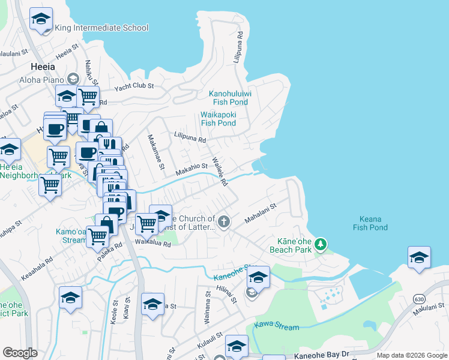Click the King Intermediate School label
tap(101, 28)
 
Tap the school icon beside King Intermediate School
tap(41, 19)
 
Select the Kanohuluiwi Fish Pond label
tap(230, 98)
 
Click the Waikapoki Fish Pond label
tap(218, 119)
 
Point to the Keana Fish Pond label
tap(373, 223)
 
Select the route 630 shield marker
tap(418, 298)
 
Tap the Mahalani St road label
tap(260, 214)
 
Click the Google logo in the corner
tap(20, 353)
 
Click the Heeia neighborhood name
tap(43, 67)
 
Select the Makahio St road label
tap(191, 170)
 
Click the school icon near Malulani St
tap(419, 258)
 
